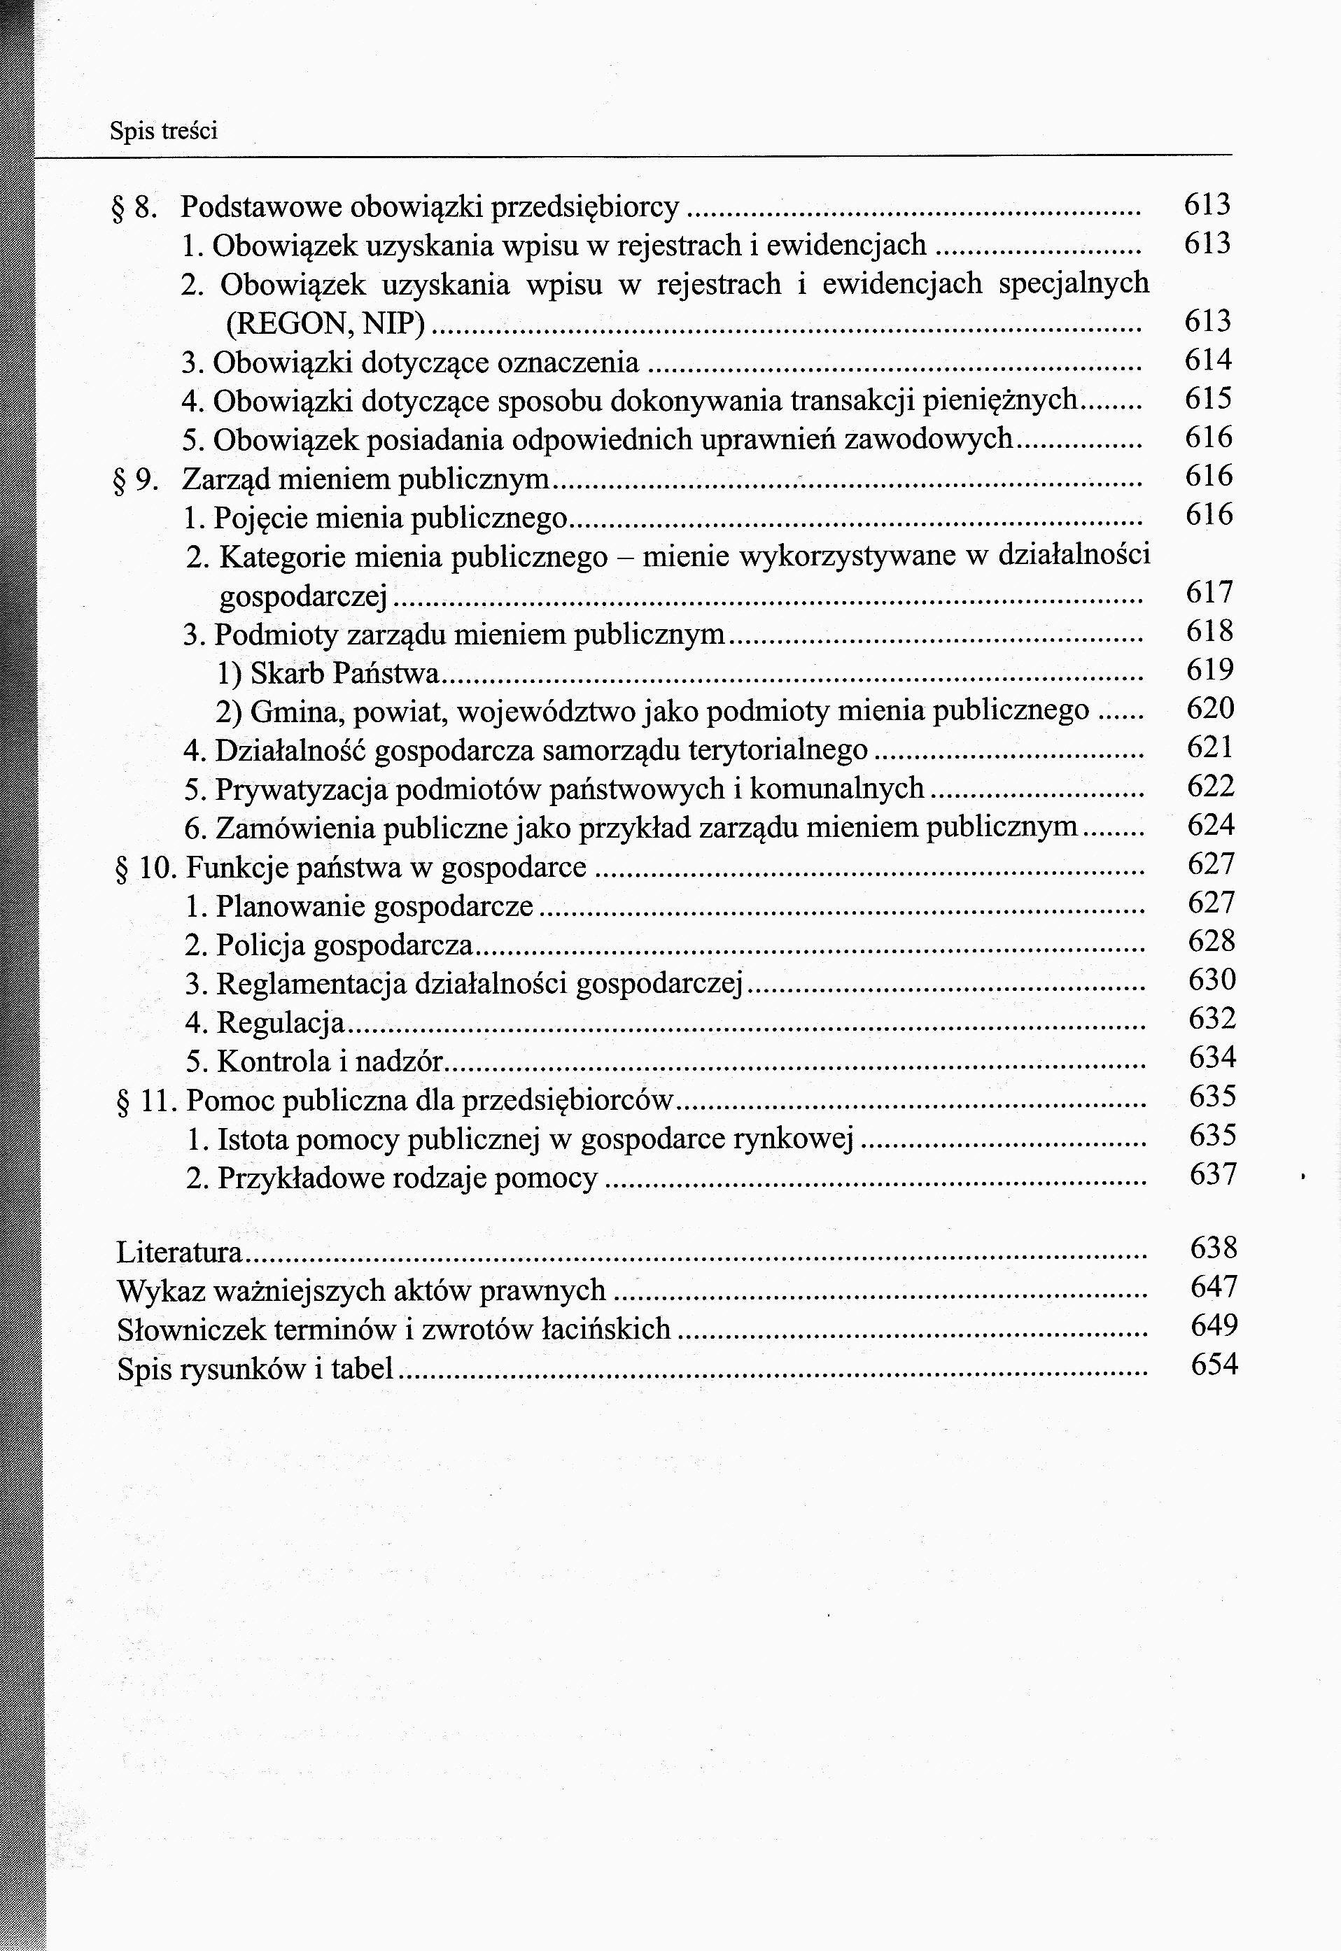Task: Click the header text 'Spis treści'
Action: tap(163, 131)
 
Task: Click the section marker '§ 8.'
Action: tap(134, 206)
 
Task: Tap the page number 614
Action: tap(1207, 360)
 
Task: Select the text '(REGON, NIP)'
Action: tap(326, 323)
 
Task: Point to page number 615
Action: tap(1207, 399)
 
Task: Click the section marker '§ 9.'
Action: tap(135, 480)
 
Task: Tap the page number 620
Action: tap(1210, 709)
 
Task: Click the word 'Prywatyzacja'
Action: tap(300, 789)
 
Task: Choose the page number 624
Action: tap(1211, 826)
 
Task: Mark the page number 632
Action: tap(1212, 1019)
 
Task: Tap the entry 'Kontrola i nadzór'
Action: tap(328, 1062)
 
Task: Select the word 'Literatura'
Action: tap(179, 1252)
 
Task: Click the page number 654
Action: tap(1214, 1364)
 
